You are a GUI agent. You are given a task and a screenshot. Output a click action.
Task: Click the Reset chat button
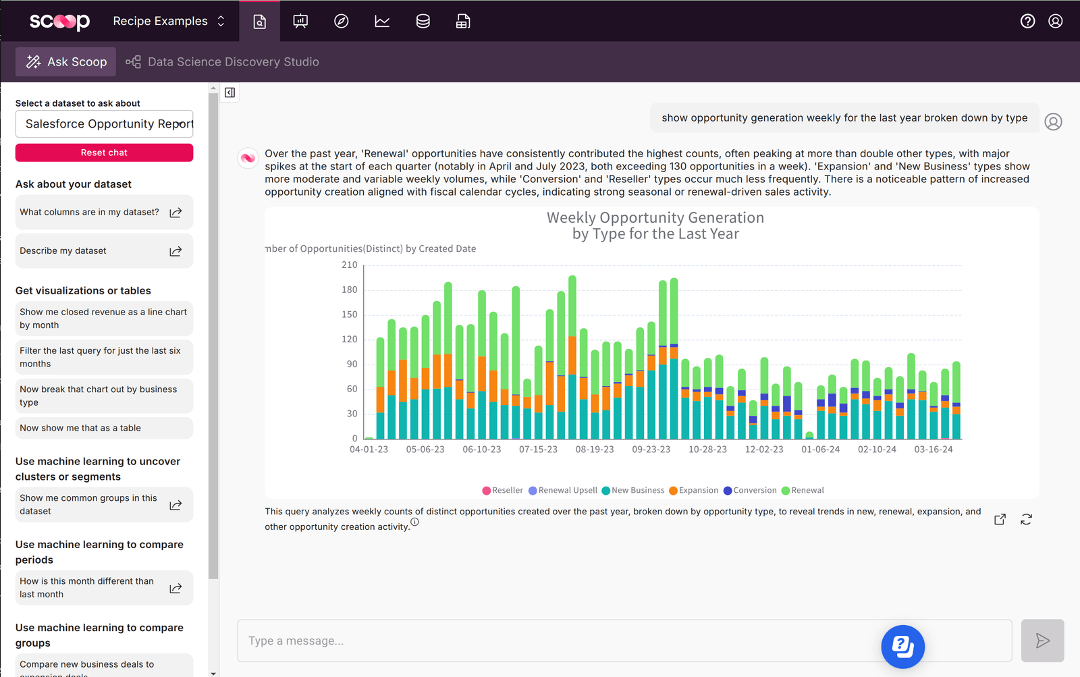[104, 153]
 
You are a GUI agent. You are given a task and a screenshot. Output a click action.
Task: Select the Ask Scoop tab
[66, 62]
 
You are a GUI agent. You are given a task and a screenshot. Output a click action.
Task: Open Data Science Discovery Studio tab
[223, 62]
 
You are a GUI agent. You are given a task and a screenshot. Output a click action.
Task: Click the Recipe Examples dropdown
[169, 22]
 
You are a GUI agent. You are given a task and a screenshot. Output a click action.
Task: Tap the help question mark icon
[1027, 22]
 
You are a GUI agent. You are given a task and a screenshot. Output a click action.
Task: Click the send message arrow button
[1042, 641]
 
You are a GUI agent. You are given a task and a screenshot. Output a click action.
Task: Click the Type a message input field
[553, 641]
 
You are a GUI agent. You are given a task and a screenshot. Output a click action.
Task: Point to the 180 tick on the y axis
[350, 290]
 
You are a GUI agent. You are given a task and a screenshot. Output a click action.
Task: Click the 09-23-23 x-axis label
[651, 450]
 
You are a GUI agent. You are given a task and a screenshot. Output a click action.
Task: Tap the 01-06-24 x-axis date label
[820, 450]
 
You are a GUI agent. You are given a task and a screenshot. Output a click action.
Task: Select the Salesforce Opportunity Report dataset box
[104, 124]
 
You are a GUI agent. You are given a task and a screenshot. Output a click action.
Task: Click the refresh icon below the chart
[1026, 519]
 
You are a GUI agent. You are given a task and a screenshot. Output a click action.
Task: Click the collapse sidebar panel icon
[230, 92]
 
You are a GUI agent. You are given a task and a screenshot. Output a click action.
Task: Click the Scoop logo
[59, 22]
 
